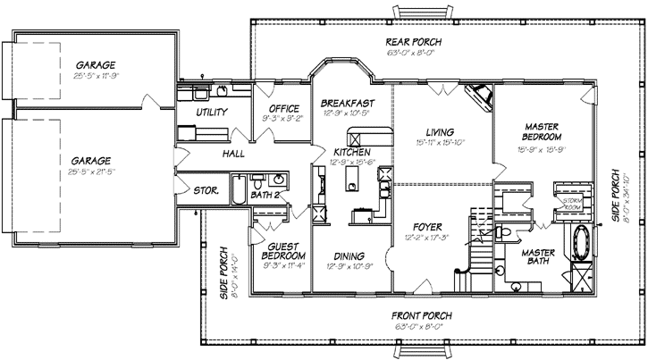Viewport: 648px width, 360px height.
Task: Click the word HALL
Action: [x=208, y=154]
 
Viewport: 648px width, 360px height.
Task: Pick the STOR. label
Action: [x=207, y=189]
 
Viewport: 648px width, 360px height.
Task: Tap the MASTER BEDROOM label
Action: [x=542, y=131]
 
